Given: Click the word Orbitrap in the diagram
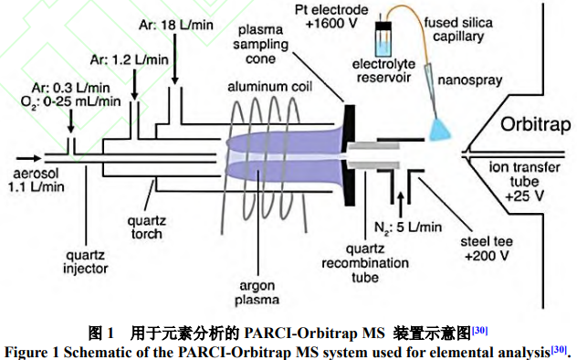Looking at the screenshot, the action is [535, 125].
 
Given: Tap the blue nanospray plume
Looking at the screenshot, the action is [441, 130].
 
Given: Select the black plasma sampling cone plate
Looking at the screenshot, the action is [350, 155].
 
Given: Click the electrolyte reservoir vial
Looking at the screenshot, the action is [383, 39].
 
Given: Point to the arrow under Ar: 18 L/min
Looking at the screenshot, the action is [174, 59].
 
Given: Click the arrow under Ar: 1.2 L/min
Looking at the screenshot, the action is [134, 84].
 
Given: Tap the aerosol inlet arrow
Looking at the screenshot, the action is [28, 159].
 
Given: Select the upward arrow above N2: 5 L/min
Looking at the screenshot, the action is [401, 205].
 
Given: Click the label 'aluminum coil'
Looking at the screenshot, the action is [269, 87].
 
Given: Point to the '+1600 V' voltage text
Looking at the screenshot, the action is [331, 24].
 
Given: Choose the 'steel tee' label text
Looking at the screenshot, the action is [487, 241].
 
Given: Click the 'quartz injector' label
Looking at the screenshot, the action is [86, 261].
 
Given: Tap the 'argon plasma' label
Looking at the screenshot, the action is [257, 292].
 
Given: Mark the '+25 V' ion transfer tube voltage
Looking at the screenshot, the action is [524, 196].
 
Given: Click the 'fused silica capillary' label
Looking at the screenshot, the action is [458, 29].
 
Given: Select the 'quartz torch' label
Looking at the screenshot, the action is [146, 228].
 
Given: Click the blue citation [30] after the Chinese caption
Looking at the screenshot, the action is [479, 330].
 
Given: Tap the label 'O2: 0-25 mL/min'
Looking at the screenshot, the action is [70, 101].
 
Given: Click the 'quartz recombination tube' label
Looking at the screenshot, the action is [365, 263].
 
